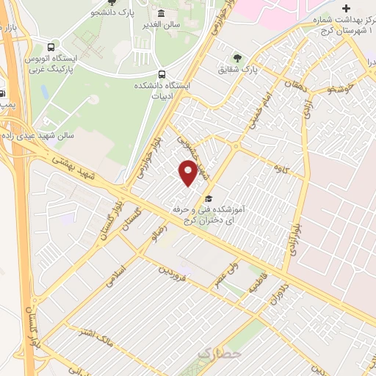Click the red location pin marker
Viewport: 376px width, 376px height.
(x=188, y=172)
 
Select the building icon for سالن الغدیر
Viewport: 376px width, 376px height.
(x=162, y=14)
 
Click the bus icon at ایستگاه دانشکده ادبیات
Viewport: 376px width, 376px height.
(x=162, y=74)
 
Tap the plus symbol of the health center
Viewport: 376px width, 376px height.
(x=346, y=8)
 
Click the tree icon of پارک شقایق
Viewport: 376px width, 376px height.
(x=236, y=57)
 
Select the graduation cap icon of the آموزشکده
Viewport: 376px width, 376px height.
(x=209, y=199)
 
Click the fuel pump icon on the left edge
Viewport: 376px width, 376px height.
(x=2, y=93)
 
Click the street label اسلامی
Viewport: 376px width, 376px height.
(x=117, y=278)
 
